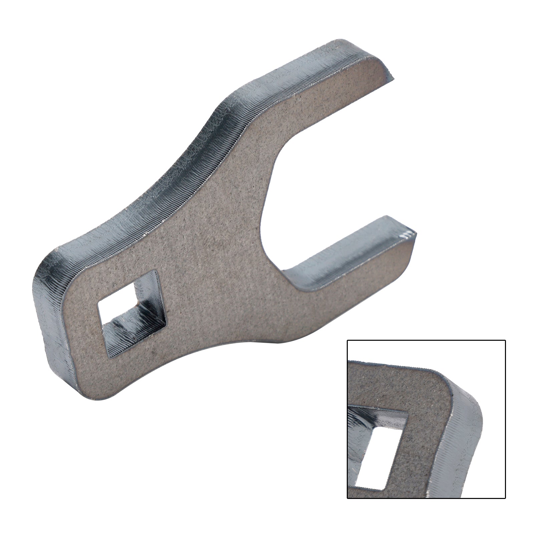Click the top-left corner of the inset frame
coord(347,340)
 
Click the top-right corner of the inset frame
coord(505,340)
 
